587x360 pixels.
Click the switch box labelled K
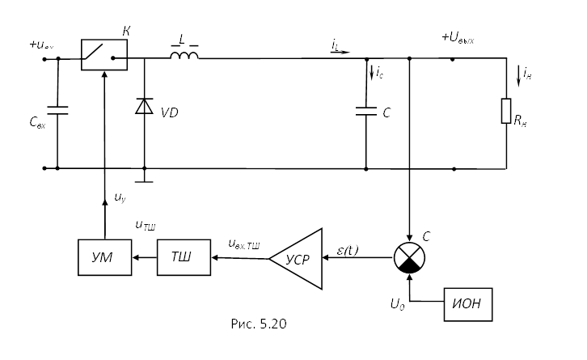click(104, 55)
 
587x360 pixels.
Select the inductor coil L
click(184, 55)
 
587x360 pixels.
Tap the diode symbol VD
click(144, 106)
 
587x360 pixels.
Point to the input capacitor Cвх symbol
click(57, 109)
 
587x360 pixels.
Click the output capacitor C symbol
click(366, 112)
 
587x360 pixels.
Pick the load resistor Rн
click(506, 111)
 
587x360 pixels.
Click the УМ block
click(104, 257)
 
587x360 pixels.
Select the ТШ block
click(184, 257)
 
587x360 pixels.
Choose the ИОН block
click(467, 304)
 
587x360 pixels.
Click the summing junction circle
click(410, 257)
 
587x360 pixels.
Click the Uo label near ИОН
click(398, 305)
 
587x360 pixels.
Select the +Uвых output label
click(458, 37)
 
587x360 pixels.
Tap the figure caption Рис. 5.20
click(259, 324)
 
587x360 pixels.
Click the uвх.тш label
click(244, 243)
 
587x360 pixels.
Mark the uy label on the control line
click(120, 197)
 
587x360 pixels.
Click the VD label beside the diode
click(169, 112)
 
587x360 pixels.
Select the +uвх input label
click(42, 44)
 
